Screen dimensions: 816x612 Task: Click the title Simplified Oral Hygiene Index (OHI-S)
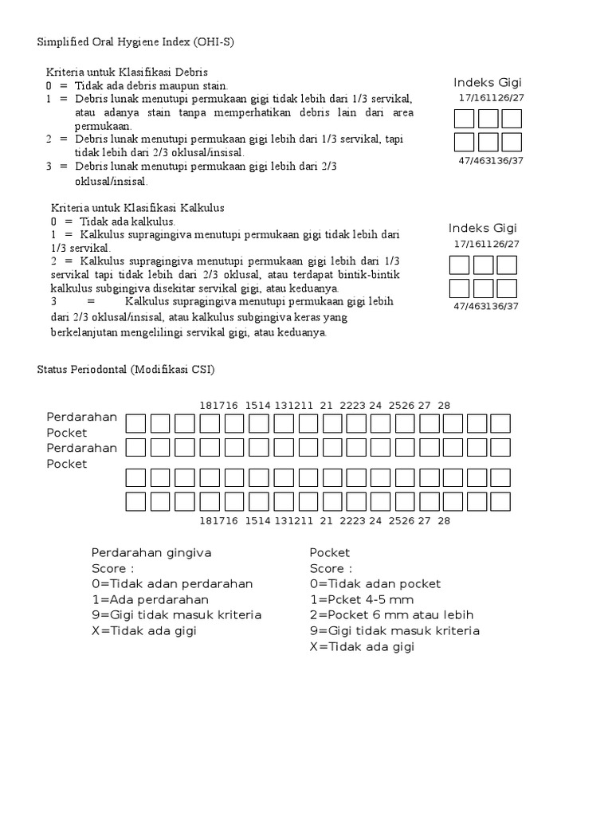pyautogui.click(x=136, y=42)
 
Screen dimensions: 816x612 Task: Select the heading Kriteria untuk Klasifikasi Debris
pyautogui.click(x=127, y=72)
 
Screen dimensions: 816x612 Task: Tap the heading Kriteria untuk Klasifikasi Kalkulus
pyautogui.click(x=138, y=208)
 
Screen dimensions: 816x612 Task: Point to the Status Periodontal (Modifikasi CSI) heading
pyautogui.click(x=126, y=370)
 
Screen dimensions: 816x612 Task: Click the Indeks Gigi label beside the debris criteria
pyautogui.click(x=488, y=83)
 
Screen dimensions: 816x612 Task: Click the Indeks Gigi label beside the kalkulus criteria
pyautogui.click(x=483, y=228)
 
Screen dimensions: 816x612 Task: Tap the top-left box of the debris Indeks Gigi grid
pyautogui.click(x=464, y=120)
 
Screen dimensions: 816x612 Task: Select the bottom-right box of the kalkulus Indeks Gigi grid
pyautogui.click(x=507, y=288)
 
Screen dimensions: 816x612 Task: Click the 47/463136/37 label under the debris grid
pyautogui.click(x=490, y=161)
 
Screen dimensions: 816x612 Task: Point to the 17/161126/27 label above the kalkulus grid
pyautogui.click(x=486, y=244)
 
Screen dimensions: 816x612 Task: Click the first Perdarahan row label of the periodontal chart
pyautogui.click(x=82, y=417)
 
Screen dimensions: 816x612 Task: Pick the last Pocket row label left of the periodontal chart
pyautogui.click(x=67, y=464)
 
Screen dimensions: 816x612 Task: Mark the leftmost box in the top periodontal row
pyautogui.click(x=136, y=423)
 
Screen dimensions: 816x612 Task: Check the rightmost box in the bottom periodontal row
pyautogui.click(x=500, y=501)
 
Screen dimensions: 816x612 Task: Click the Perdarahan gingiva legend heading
pyautogui.click(x=151, y=552)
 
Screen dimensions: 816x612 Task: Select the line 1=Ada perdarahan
pyautogui.click(x=150, y=599)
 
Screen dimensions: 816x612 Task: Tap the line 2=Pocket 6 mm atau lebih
pyautogui.click(x=391, y=614)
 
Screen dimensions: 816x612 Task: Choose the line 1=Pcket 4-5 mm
pyautogui.click(x=362, y=599)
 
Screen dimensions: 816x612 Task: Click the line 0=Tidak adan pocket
pyautogui.click(x=375, y=583)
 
